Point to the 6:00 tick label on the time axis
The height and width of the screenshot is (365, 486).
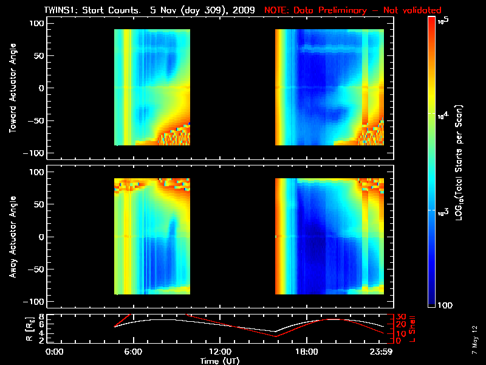coord(133,352)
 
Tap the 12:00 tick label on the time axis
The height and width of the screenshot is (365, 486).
coord(219,352)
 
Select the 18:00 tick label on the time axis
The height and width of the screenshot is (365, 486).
coord(306,352)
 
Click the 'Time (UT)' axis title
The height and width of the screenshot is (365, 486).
coord(219,360)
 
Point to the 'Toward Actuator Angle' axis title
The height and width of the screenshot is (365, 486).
coord(13,88)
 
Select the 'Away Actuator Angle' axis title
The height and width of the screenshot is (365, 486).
coord(13,237)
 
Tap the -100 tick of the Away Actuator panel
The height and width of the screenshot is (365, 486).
coord(36,302)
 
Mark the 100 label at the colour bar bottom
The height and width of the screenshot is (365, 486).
coord(444,304)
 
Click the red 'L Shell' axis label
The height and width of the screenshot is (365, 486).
coord(412,328)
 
